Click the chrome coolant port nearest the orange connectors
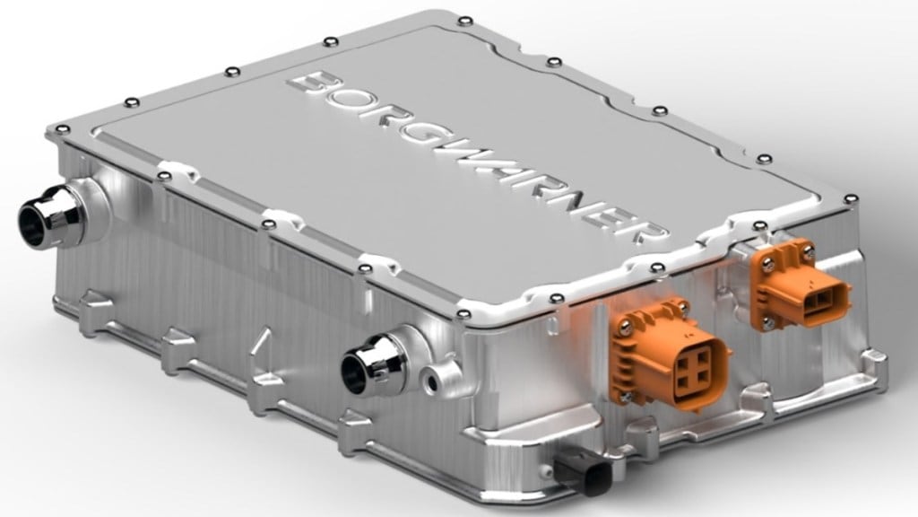point(373,364)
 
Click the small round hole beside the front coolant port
point(437,382)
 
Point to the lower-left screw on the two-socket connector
point(767,318)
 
